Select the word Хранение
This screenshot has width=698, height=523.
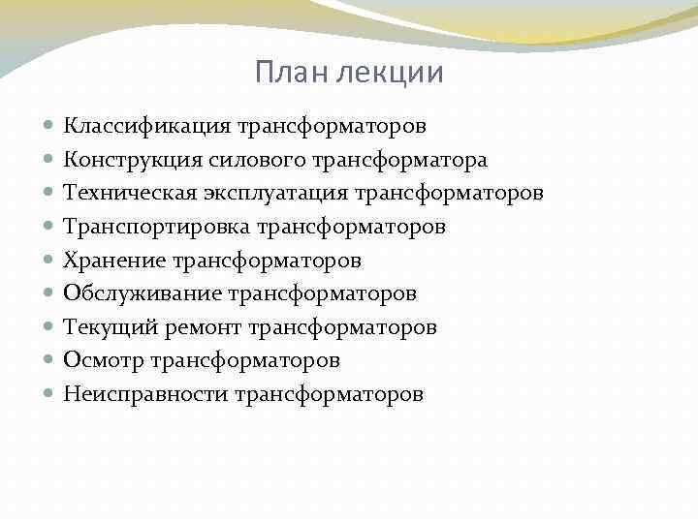tap(113, 260)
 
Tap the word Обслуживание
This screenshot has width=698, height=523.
tap(142, 292)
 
